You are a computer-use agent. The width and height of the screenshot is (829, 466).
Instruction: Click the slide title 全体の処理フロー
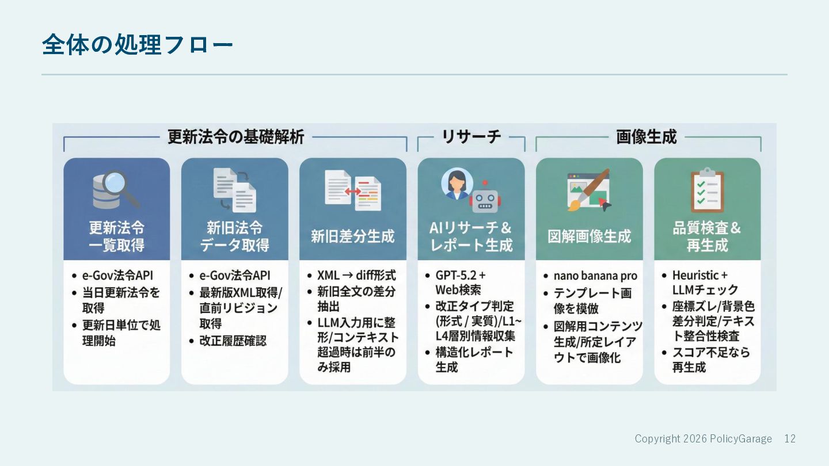tap(137, 45)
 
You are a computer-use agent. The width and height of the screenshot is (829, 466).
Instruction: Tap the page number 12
tap(790, 439)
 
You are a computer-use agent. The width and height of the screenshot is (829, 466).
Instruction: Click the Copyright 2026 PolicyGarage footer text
tap(703, 439)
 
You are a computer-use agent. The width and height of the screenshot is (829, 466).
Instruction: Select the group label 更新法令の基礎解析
tap(235, 137)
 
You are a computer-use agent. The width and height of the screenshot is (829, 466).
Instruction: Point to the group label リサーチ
tap(471, 137)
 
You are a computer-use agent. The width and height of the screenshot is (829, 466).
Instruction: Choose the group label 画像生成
tap(647, 137)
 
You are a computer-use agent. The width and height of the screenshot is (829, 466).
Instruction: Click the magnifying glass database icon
tap(116, 189)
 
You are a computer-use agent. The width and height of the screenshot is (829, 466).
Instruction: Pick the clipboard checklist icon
tap(707, 190)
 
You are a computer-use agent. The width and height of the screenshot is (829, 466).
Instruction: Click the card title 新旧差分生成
tap(352, 236)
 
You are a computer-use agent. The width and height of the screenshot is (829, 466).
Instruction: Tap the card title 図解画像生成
tap(589, 236)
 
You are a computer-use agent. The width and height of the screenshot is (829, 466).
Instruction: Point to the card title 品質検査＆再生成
tap(707, 236)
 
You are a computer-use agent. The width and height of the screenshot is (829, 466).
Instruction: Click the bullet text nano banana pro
tap(595, 276)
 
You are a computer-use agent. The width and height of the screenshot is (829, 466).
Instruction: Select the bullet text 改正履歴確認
tap(233, 341)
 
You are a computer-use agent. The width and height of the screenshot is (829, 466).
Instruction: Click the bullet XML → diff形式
tap(356, 275)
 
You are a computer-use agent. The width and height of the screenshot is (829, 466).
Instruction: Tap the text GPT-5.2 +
tap(461, 275)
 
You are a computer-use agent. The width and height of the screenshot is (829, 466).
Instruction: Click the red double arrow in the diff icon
tap(352, 191)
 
